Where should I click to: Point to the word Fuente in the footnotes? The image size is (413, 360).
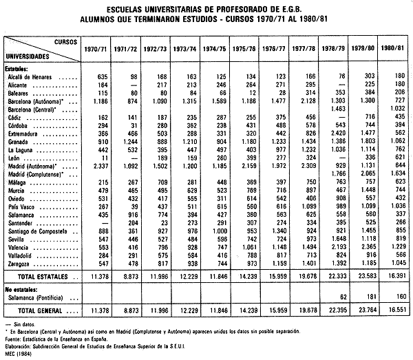pos(13,330)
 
